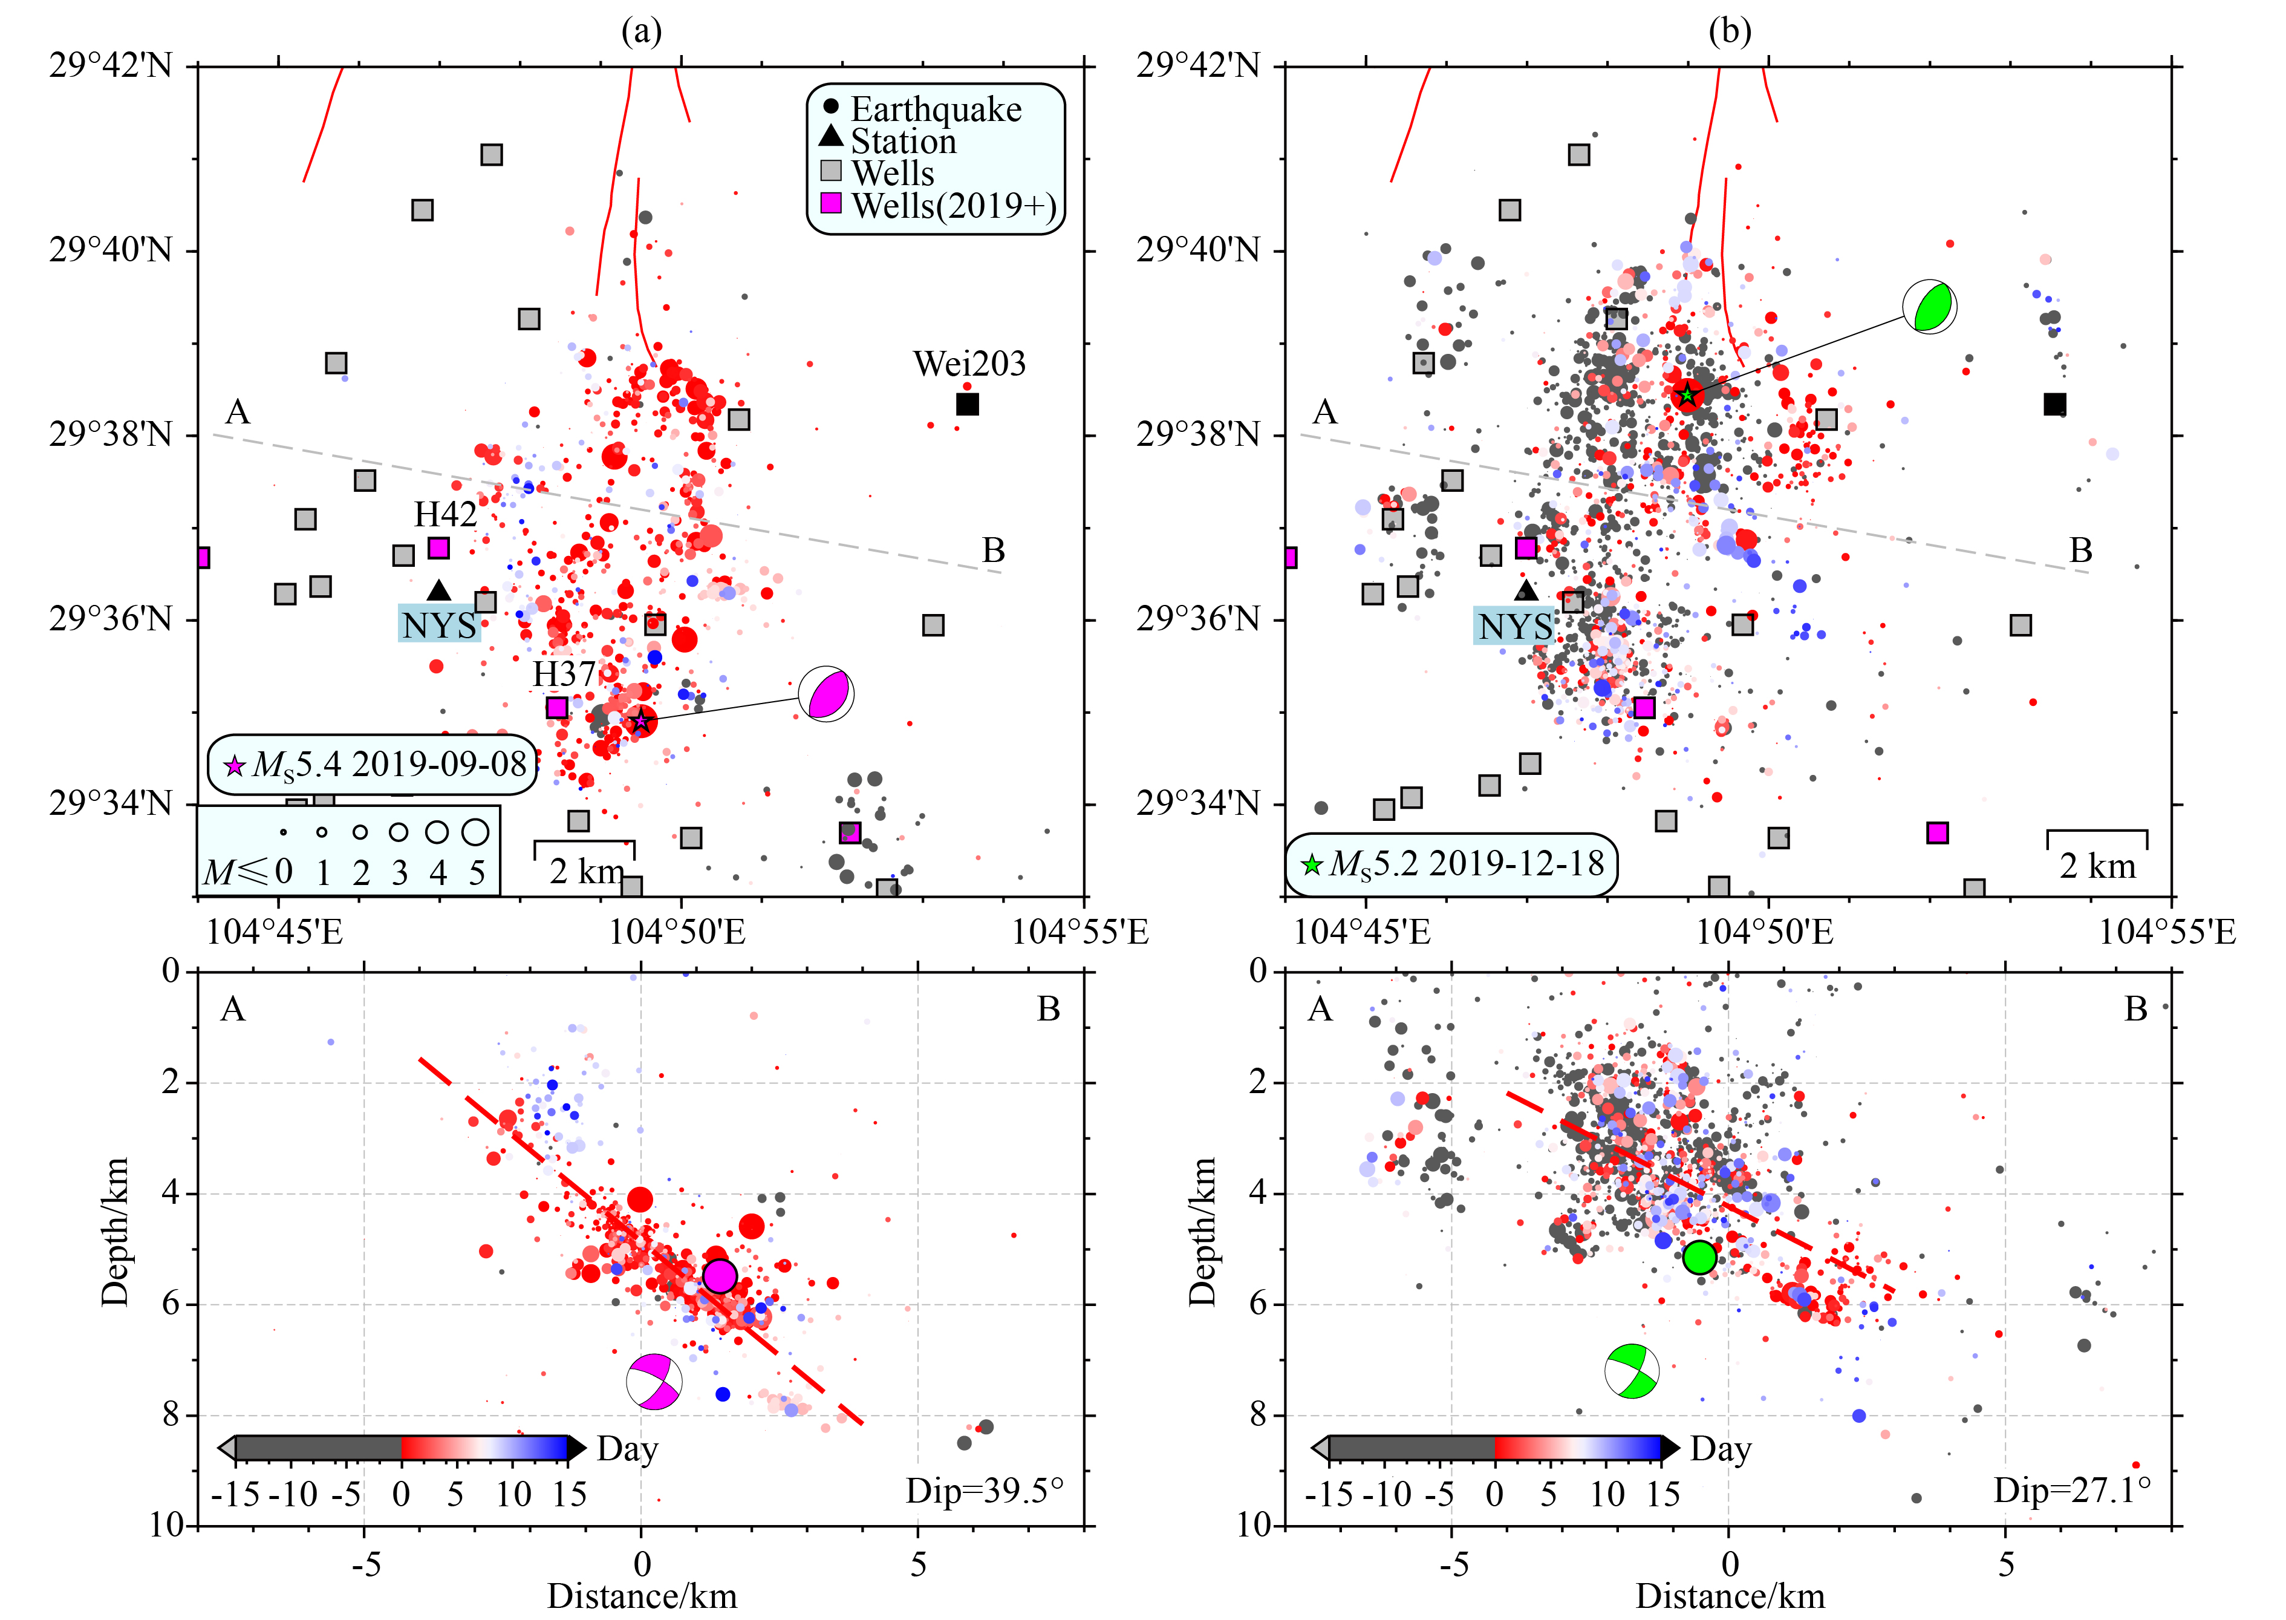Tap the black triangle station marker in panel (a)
439,590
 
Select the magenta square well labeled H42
439,547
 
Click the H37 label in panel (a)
564,674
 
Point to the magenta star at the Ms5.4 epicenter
641,720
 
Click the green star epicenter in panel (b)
1687,395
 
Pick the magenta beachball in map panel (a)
827,694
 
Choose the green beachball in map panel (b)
1930,306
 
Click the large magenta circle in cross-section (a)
719,1276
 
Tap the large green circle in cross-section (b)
1699,1257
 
